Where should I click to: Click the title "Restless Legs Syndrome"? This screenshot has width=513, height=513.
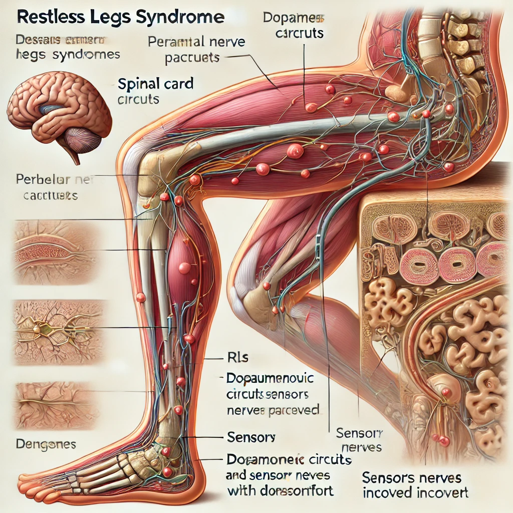tap(120, 18)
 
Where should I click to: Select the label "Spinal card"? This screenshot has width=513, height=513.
tap(155, 83)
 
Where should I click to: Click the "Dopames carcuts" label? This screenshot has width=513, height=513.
tap(293, 27)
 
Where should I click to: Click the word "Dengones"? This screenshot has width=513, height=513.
tap(46, 444)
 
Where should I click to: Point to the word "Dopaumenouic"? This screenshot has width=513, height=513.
tap(271, 377)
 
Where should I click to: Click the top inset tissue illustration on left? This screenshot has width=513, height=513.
tap(53, 249)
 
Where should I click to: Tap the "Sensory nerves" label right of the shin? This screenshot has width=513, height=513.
tap(359, 440)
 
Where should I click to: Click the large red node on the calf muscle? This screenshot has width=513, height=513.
tap(184, 268)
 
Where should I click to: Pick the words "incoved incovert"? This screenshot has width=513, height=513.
tap(415, 493)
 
